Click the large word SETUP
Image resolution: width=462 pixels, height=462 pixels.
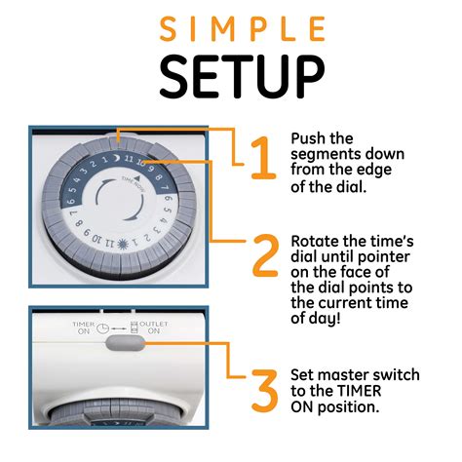point(230,76)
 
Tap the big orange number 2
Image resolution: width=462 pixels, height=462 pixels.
point(264,255)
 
